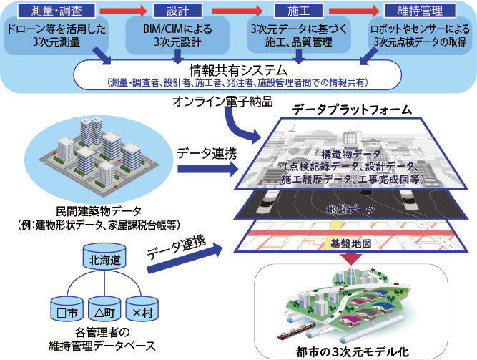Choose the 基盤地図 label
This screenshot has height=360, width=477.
350,243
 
